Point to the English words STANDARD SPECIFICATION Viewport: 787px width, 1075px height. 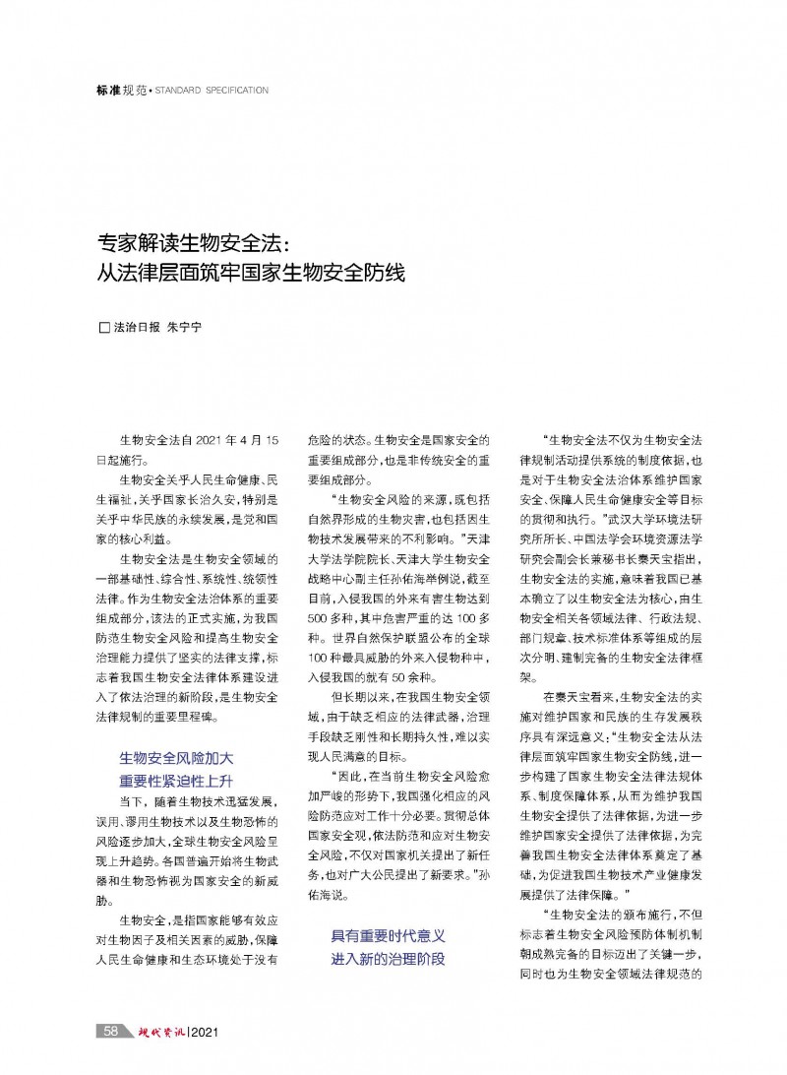click(212, 90)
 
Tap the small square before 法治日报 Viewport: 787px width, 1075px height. click(106, 327)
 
